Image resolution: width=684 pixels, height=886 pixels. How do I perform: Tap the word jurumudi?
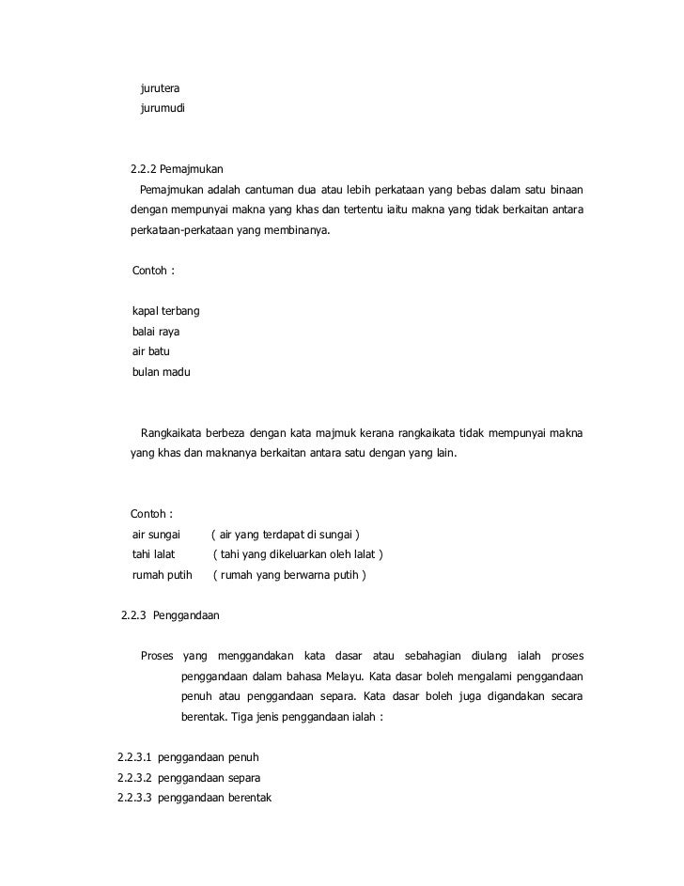click(x=163, y=110)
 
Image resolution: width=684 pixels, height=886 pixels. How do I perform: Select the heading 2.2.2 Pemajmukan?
click(x=177, y=170)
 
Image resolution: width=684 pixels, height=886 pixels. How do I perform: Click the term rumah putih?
click(x=162, y=575)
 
